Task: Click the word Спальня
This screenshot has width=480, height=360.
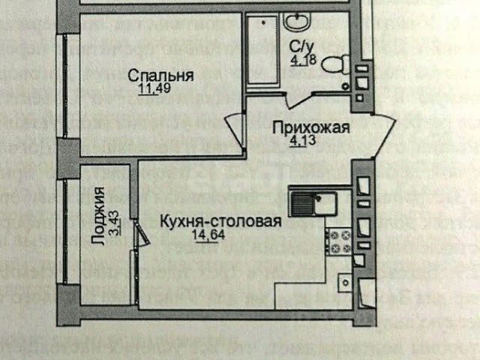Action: click(160, 76)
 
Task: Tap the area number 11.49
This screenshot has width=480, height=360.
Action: click(154, 91)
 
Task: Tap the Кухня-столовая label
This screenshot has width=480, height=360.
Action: click(221, 221)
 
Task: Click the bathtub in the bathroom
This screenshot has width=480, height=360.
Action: click(261, 51)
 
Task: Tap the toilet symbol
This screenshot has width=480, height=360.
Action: click(331, 63)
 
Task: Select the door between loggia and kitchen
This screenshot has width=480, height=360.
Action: click(140, 233)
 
